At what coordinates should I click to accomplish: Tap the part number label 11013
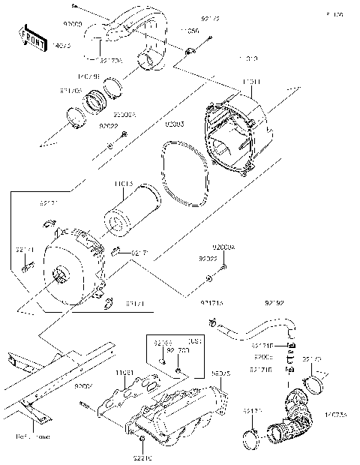(x=124, y=183)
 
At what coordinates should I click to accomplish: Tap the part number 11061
(x=124, y=373)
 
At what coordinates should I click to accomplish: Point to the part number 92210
(x=143, y=456)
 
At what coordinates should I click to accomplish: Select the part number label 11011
(x=252, y=80)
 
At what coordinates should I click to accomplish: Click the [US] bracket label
(x=192, y=340)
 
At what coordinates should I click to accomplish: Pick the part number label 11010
(x=247, y=57)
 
